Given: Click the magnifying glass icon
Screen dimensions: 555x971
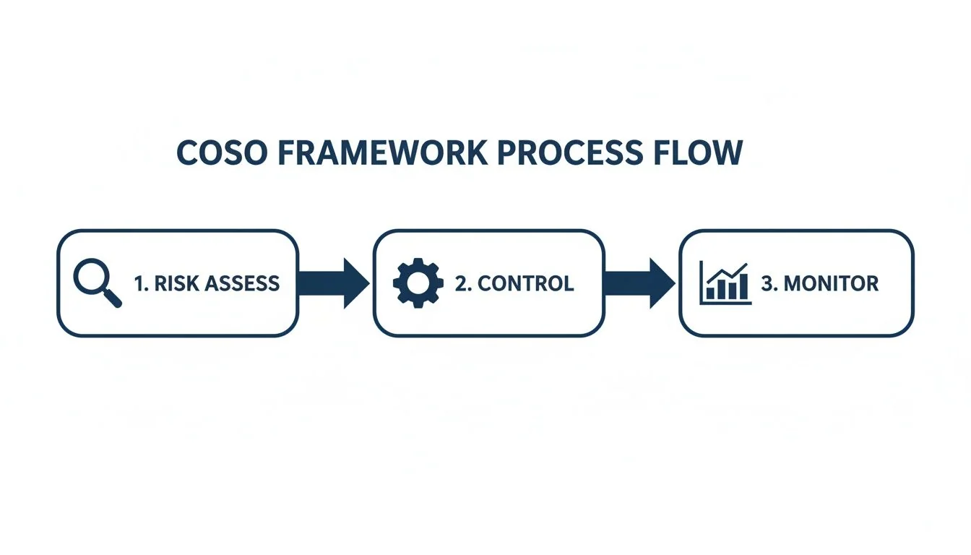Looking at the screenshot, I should pos(97,283).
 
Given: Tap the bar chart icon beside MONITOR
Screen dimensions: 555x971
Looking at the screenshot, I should pos(725,283).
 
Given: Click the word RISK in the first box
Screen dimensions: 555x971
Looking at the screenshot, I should pos(173,283).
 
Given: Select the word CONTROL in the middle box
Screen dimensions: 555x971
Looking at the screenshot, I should pos(526,283).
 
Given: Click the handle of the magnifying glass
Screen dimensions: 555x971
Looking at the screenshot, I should pos(113,298).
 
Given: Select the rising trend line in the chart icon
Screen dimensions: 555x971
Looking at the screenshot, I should pos(726,272).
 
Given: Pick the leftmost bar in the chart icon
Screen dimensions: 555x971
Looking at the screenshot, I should pos(710,293).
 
